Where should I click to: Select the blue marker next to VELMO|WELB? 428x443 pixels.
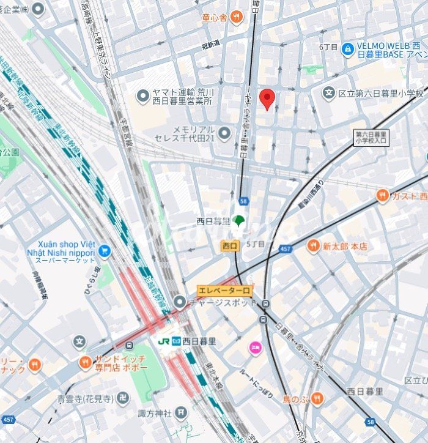point(348,48)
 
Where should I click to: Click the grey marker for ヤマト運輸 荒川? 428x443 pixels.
point(143,95)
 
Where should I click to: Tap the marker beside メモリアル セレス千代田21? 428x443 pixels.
point(224,133)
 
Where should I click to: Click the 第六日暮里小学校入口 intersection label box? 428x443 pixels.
point(371,137)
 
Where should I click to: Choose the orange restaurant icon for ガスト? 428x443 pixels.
point(383,196)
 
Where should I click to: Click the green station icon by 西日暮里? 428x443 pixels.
point(238,221)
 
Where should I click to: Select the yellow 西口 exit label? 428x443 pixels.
point(230,245)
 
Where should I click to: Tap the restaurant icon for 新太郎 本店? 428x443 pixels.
point(314,246)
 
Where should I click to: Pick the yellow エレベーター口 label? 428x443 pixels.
point(224,291)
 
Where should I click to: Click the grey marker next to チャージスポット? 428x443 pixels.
point(179,302)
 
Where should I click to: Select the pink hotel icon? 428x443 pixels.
point(254,348)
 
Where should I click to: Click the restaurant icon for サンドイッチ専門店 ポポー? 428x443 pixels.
point(86,362)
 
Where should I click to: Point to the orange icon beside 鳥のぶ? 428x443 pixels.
point(316,399)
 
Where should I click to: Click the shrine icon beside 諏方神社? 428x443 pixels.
point(180,414)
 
